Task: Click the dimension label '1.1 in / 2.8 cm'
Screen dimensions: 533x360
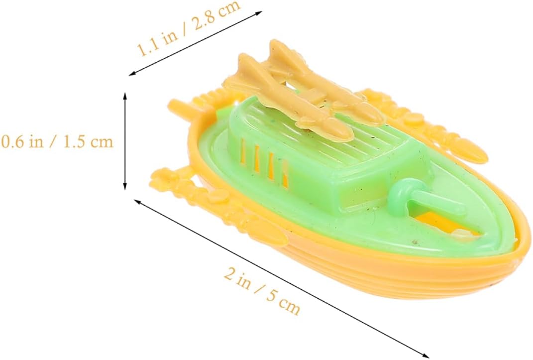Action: point(189,27)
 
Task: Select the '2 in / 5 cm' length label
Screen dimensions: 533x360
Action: point(262,292)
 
